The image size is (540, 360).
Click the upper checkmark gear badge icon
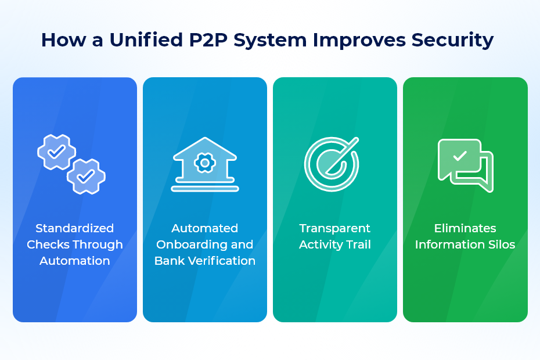[x=56, y=152]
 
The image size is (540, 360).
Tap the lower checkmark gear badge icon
[x=86, y=175]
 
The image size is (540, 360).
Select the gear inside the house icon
[x=205, y=163]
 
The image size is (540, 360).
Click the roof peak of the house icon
[x=205, y=140]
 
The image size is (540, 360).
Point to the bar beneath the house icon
[x=205, y=189]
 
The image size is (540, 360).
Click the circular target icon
[x=332, y=164]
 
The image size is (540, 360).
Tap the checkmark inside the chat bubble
[x=460, y=156]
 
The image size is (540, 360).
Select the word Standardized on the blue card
[x=74, y=228]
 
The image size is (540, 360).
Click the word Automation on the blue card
[x=74, y=261]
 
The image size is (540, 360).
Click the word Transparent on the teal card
[x=335, y=228]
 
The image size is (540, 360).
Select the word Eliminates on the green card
[x=465, y=228]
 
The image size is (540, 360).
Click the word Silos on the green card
[x=500, y=244]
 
